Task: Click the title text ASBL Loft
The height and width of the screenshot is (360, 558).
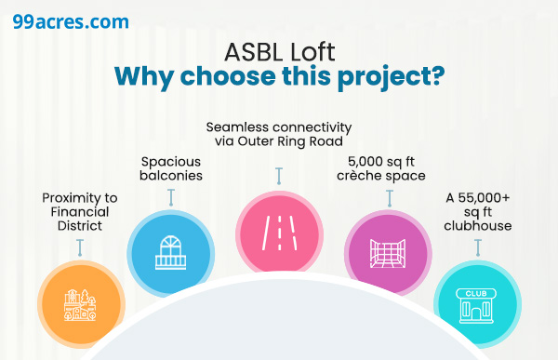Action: (278, 54)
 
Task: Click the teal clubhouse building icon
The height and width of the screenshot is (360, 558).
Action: (478, 302)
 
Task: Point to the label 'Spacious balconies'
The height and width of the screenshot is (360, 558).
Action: (170, 168)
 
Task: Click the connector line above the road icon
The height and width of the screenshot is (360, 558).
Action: (278, 177)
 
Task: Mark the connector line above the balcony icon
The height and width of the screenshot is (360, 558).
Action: (170, 197)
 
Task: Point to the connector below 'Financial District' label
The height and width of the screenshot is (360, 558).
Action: (81, 247)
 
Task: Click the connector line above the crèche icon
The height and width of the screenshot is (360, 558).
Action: (389, 197)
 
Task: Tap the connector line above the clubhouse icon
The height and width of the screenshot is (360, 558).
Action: (478, 247)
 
